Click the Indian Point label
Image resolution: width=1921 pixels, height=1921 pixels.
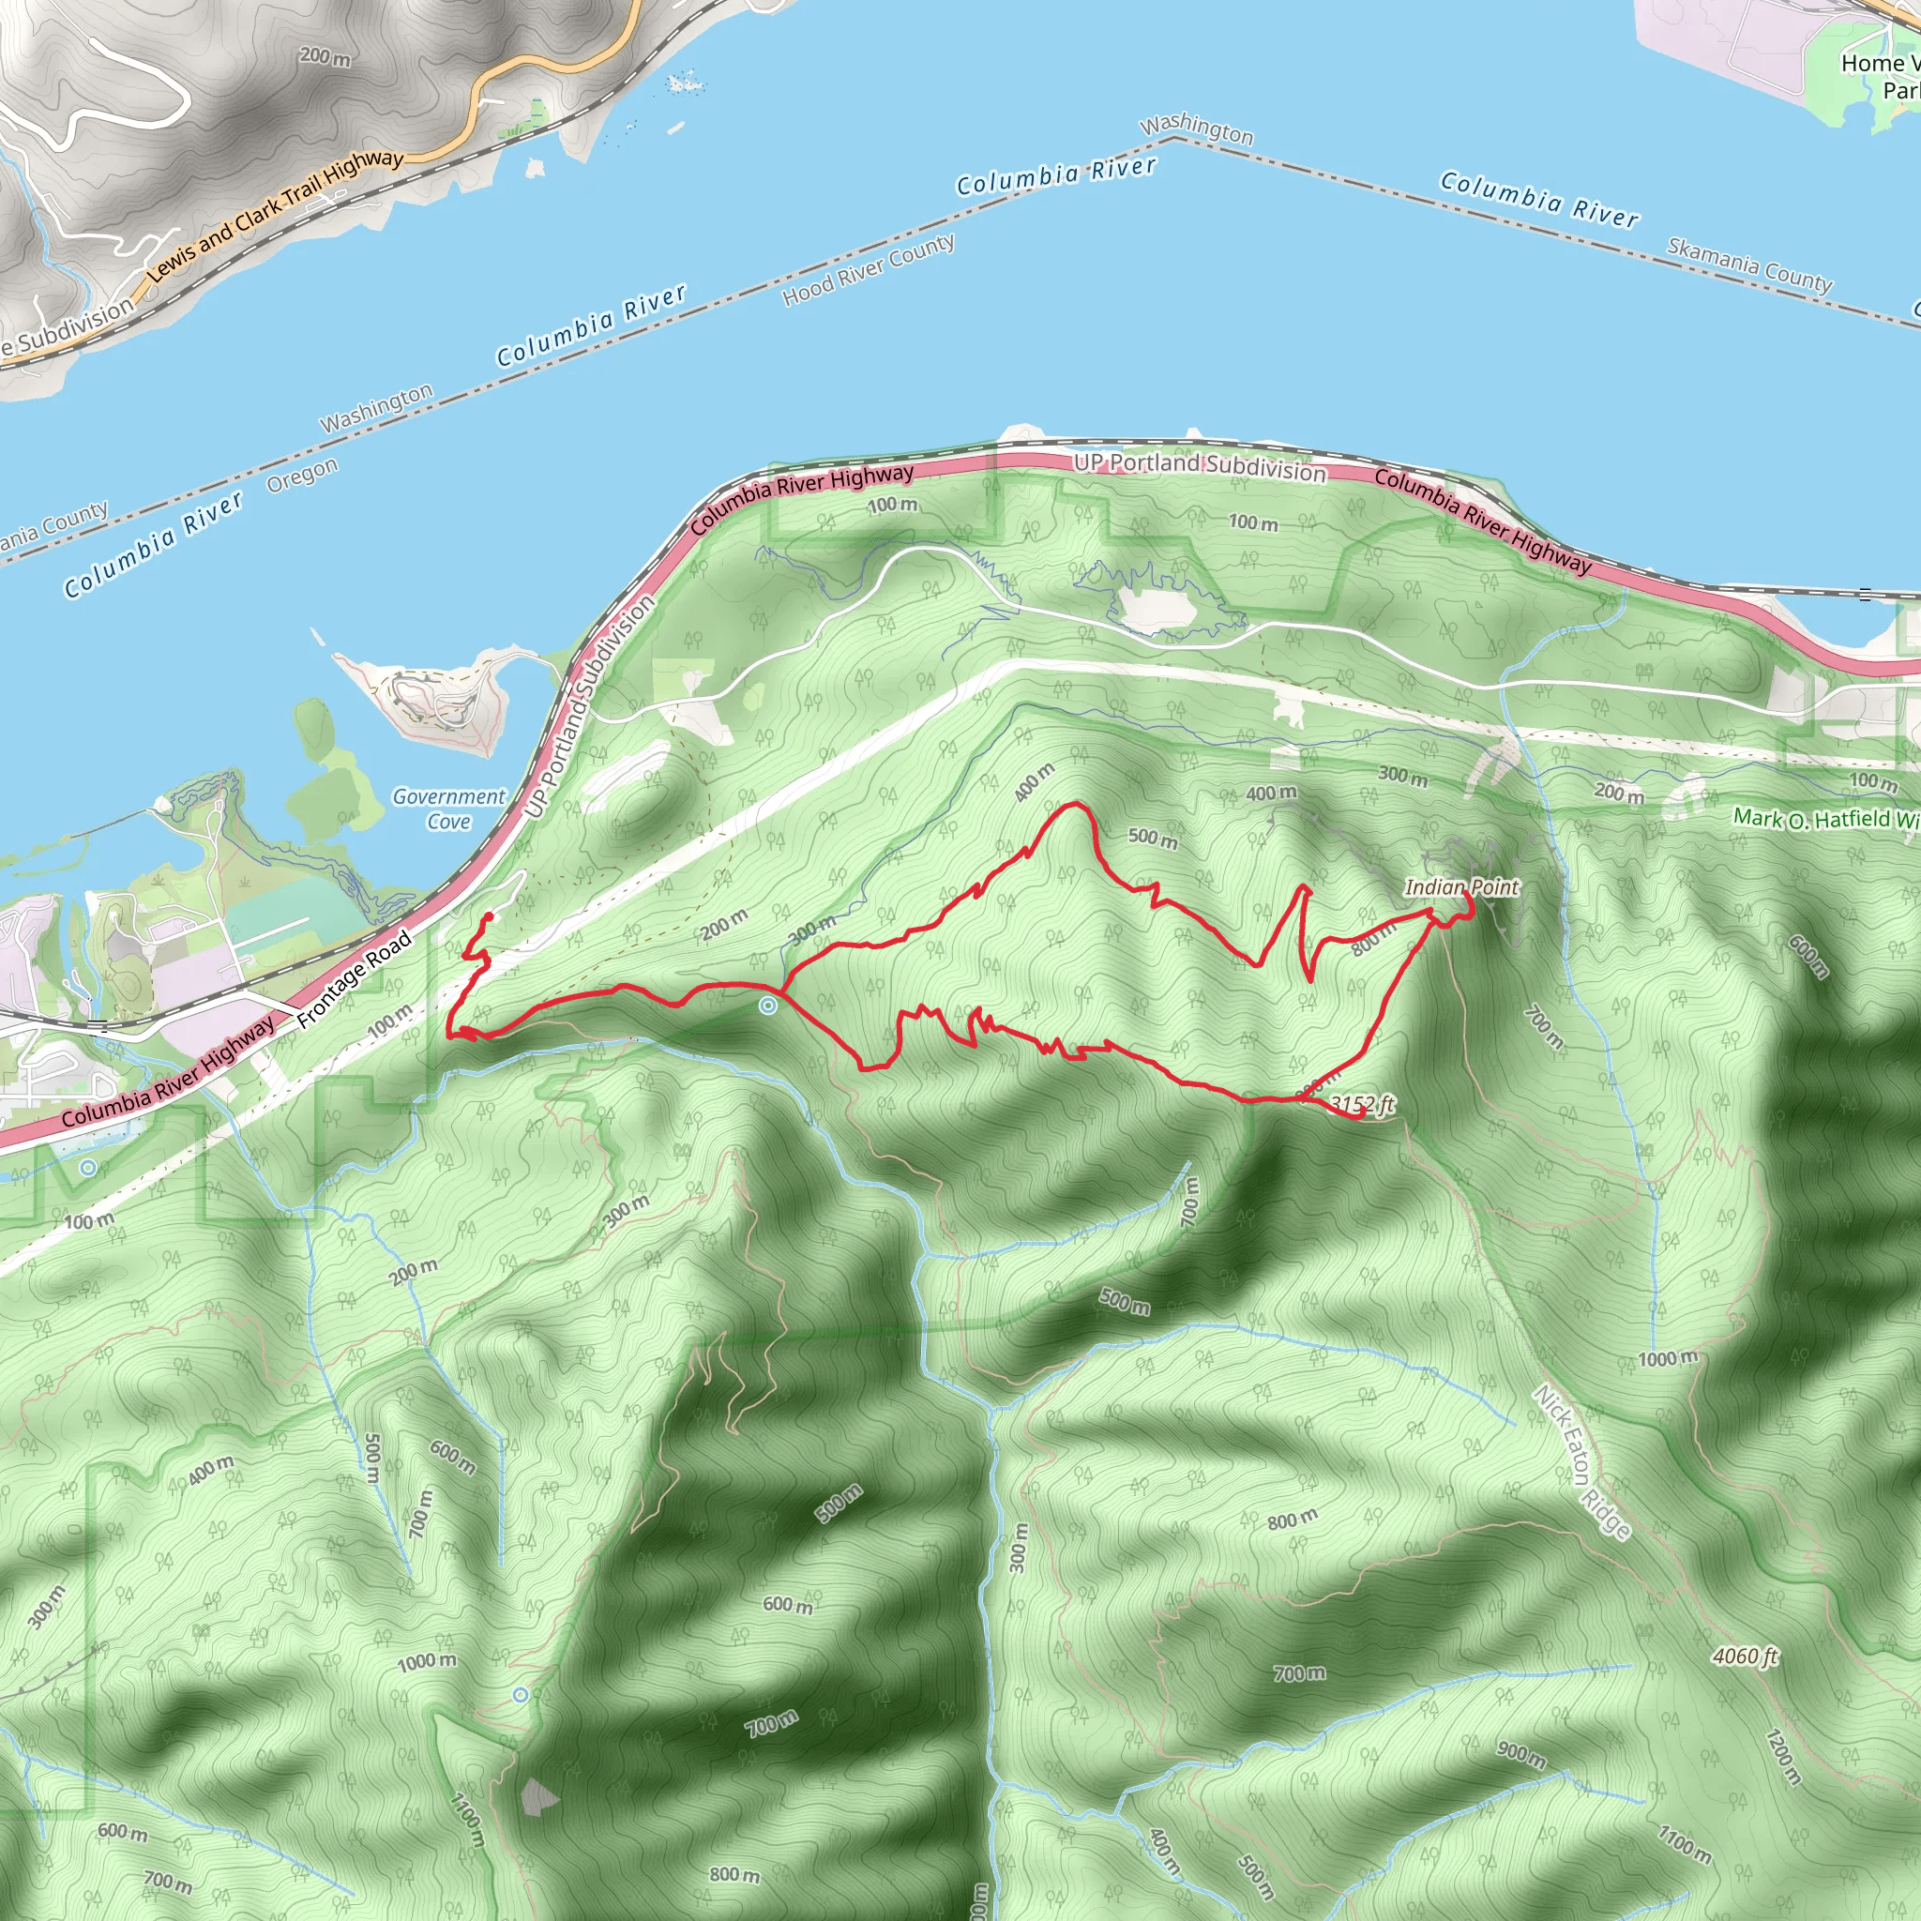[x=1460, y=887]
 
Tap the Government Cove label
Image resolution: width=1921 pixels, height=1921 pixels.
[x=448, y=809]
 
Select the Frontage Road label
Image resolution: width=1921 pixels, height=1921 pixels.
[x=354, y=978]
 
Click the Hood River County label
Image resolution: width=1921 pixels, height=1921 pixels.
[x=868, y=269]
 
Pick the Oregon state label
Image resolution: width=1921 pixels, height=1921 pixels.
[x=302, y=476]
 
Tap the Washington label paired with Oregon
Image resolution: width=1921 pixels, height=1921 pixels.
[x=376, y=408]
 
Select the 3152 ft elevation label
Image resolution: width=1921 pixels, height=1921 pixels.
[x=1362, y=1104]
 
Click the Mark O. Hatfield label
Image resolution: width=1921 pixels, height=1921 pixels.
[x=1825, y=818]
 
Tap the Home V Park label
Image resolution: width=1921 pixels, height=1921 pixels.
[x=1879, y=77]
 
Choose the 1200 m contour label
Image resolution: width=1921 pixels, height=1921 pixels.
[x=1783, y=1757]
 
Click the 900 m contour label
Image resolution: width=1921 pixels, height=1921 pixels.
[x=1521, y=1755]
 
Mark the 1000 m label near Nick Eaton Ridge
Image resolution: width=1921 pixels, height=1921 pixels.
[x=1667, y=1359]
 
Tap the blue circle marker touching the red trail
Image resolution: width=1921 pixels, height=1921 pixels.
[x=767, y=1006]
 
